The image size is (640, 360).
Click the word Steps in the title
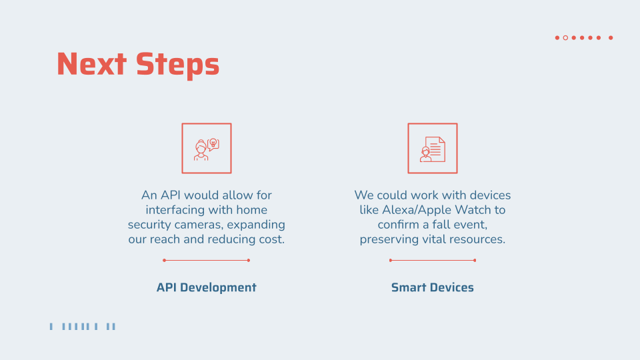point(177,65)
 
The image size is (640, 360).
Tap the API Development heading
point(206,287)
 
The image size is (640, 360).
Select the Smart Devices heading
point(432,287)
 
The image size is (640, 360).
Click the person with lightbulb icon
point(206,148)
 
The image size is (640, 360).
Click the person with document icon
point(432,148)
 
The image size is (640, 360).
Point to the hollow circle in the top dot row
point(565,38)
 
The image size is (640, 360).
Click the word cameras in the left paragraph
point(199,225)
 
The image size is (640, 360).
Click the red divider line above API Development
point(206,260)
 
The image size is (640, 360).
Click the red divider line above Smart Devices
point(432,260)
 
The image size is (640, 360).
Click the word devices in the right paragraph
point(489,195)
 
